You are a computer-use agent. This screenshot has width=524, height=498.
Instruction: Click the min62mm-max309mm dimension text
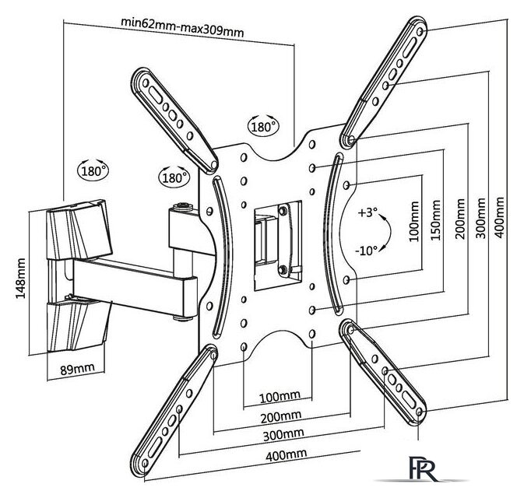(182, 27)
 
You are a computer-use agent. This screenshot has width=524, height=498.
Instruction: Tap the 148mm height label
(21, 279)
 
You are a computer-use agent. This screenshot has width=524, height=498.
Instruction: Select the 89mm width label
(77, 369)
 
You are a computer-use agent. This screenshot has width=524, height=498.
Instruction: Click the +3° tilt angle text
(368, 212)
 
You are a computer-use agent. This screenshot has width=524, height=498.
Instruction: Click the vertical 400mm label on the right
(499, 217)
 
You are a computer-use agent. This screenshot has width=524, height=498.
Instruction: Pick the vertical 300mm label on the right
(480, 218)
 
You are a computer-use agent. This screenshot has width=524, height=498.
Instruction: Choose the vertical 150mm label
(435, 219)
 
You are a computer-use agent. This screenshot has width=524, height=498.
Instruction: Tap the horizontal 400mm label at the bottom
(286, 455)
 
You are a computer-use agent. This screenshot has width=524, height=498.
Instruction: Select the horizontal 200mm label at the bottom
(281, 416)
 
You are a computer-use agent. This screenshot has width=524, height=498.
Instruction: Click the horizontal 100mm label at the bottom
(280, 397)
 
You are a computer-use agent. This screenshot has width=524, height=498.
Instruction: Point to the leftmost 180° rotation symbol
(93, 171)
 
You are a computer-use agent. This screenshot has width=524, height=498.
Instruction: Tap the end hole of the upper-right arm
(420, 32)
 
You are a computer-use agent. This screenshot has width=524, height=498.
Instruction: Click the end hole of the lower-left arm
(145, 463)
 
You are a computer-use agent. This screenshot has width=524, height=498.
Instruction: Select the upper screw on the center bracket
(283, 210)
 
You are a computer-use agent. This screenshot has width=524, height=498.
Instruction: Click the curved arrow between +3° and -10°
(390, 231)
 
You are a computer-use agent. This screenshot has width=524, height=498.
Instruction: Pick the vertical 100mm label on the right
(413, 221)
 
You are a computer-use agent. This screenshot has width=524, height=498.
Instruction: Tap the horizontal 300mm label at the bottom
(283, 435)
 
